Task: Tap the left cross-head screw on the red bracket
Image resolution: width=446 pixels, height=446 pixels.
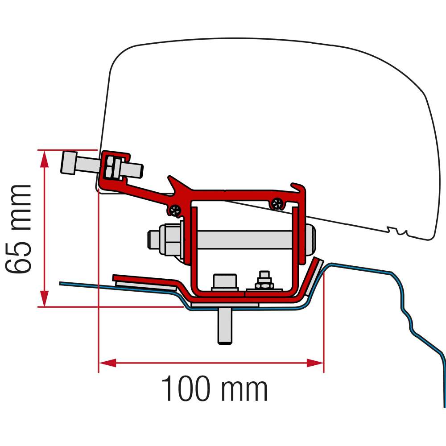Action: (x=175, y=208)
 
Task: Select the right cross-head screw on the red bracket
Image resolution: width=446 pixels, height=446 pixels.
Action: (x=278, y=204)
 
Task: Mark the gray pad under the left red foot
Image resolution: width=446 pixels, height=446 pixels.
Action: (x=145, y=285)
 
